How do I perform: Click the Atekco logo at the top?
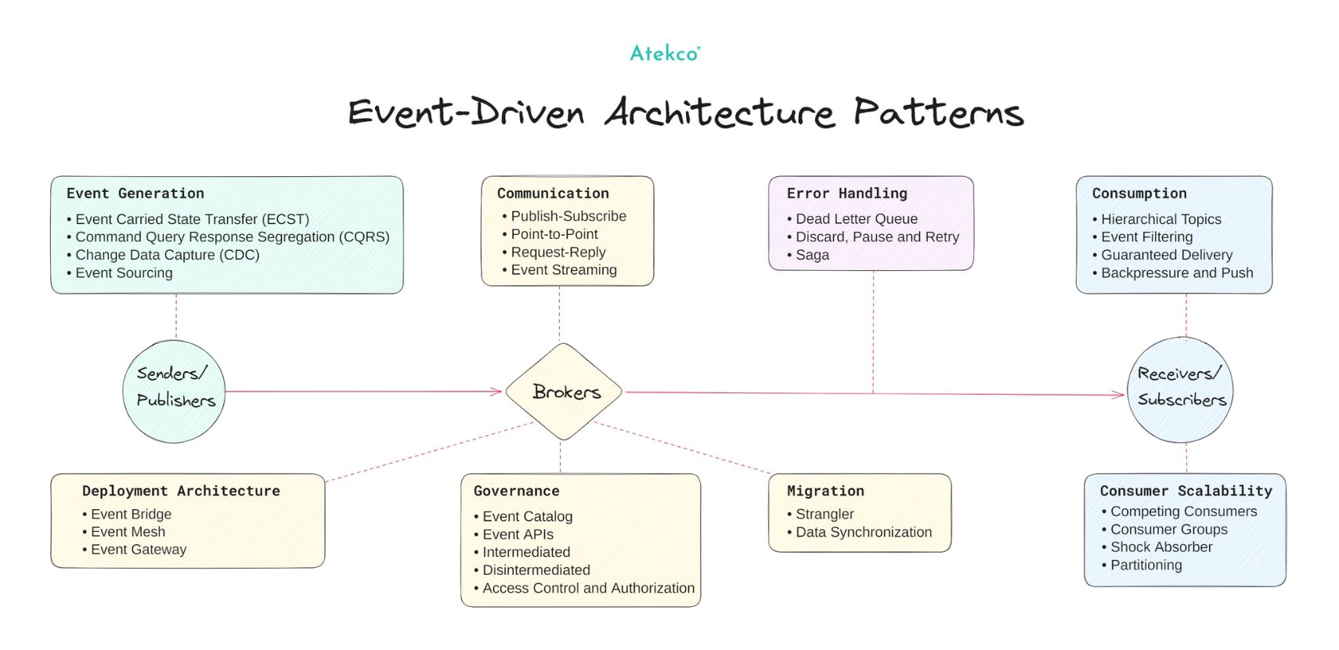coord(665,53)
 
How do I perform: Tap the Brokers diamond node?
coord(565,392)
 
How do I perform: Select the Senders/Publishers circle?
coord(175,391)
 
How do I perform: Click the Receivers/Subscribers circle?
coord(1181,389)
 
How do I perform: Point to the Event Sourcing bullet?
coord(124,273)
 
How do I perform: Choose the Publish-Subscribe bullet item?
coord(568,216)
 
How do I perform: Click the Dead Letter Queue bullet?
coord(856,219)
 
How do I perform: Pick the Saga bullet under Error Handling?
coord(812,255)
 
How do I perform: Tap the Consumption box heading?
coord(1139,193)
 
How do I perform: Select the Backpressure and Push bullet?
coord(1176,273)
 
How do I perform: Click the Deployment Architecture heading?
coord(181,491)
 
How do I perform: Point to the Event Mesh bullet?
coord(128,533)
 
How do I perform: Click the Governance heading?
coord(517,491)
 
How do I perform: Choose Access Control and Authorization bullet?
coord(588,588)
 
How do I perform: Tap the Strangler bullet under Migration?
coord(825,515)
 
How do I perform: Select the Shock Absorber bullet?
coord(1160,547)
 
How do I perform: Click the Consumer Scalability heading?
coord(1186,491)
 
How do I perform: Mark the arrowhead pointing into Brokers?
coord(496,391)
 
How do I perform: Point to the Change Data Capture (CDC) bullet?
coord(167,255)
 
